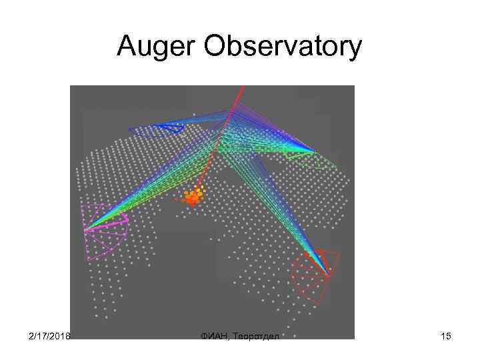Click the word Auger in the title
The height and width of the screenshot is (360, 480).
point(150,47)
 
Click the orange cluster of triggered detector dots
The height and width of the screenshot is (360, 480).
point(193,197)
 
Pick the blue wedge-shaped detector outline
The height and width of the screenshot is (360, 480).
point(160,126)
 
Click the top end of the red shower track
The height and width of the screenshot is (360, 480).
point(241,87)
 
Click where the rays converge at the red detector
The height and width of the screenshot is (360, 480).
point(328,275)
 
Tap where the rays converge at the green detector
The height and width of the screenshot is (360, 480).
point(313,151)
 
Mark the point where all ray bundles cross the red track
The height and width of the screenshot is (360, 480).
point(230,115)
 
